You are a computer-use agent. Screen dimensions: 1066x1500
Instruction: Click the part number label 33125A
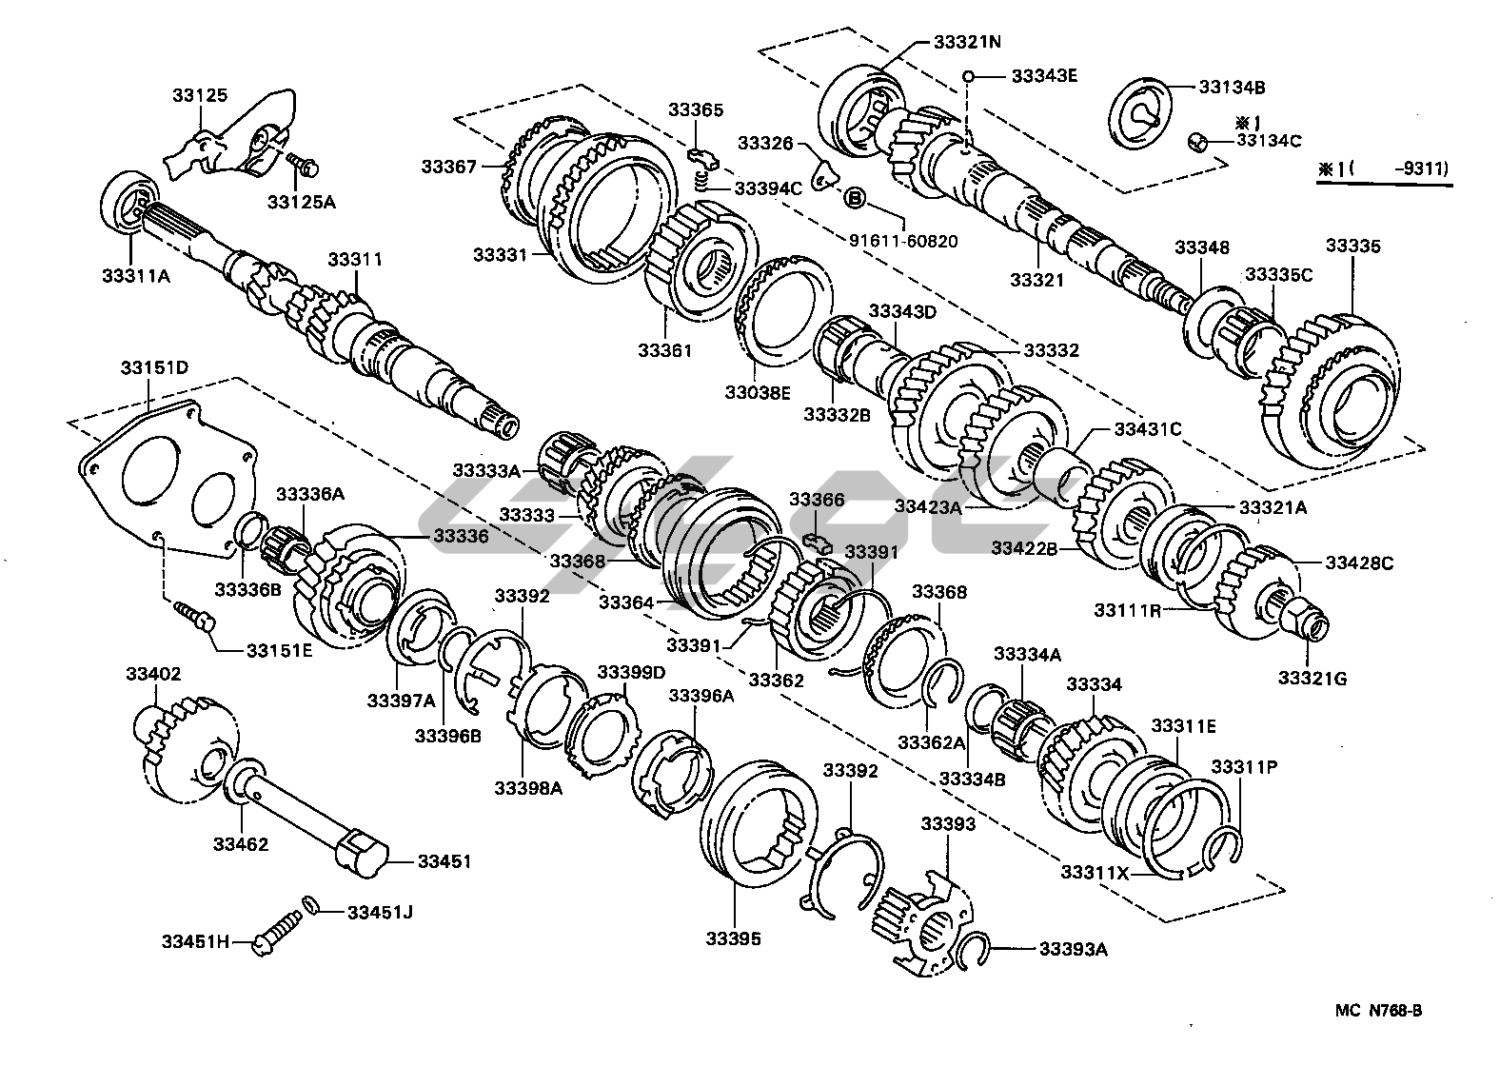(297, 202)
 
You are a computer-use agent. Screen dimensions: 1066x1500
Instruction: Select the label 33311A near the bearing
(135, 276)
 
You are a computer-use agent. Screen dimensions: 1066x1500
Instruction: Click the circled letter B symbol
(854, 198)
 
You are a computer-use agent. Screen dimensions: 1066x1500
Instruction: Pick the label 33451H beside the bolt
(196, 942)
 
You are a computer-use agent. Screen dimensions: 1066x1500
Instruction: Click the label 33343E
(1044, 75)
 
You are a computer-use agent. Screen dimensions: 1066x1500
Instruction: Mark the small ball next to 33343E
(967, 76)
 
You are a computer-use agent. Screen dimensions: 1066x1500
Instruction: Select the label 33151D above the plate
(154, 367)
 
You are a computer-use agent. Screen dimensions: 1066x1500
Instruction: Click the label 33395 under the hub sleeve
(733, 938)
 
